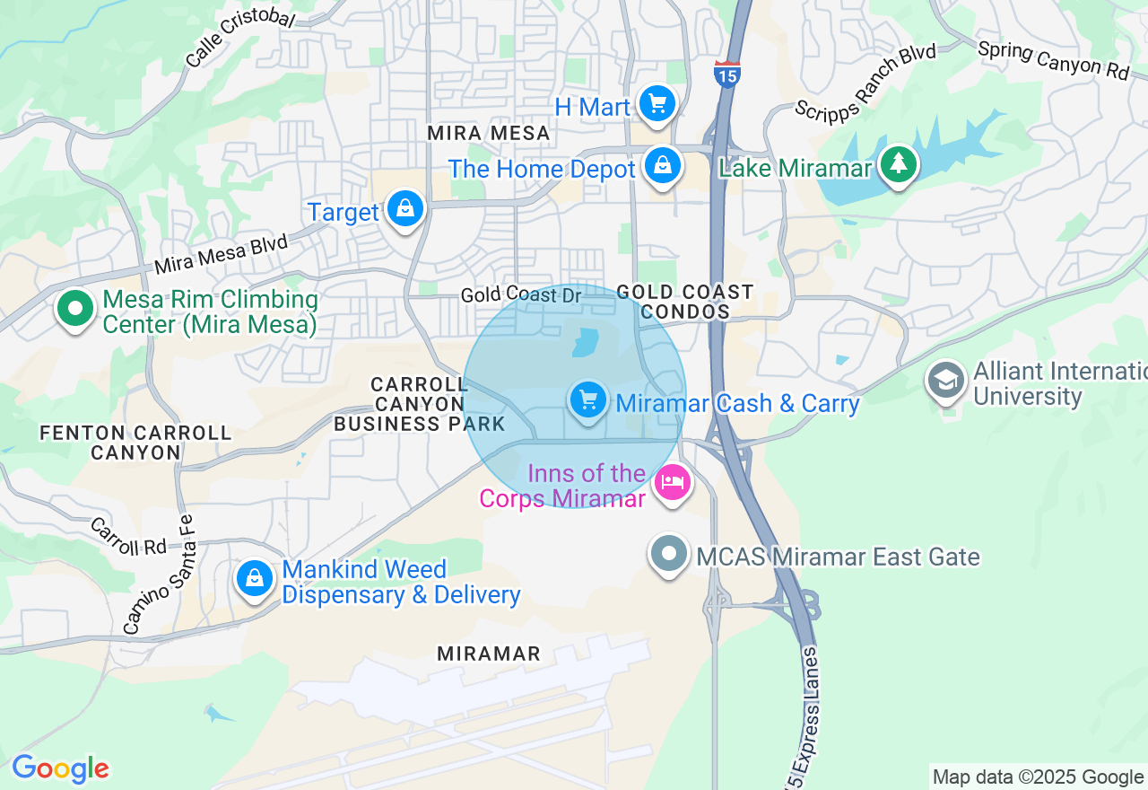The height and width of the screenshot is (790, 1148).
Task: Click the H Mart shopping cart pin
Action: [x=657, y=104]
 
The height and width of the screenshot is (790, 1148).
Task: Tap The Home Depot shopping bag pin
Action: [x=662, y=166]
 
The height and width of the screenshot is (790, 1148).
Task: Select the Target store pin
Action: [x=405, y=209]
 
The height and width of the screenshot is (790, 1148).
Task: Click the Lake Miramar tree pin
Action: [x=897, y=165]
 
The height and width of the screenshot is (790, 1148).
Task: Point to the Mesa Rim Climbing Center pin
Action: [x=75, y=309]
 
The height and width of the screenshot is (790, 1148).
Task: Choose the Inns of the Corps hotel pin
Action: [x=673, y=483]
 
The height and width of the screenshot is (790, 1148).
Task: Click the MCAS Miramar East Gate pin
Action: [x=668, y=555]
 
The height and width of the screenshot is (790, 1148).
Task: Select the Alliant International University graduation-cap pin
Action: [x=946, y=381]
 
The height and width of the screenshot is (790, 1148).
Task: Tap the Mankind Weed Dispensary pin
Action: [x=255, y=579]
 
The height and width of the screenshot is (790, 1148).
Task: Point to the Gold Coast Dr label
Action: [x=521, y=294]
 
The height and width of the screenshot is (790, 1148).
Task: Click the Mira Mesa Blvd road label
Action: [x=221, y=254]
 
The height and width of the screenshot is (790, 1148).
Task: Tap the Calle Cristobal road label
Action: [x=239, y=39]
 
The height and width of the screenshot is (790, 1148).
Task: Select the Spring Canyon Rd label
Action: [x=1053, y=59]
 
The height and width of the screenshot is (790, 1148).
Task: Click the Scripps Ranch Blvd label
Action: [x=865, y=80]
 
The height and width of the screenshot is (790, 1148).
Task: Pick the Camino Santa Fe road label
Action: [x=158, y=574]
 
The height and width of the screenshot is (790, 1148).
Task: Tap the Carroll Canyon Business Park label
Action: [x=420, y=404]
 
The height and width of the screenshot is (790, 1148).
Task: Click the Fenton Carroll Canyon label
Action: [x=135, y=443]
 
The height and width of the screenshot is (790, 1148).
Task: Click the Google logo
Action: [x=60, y=769]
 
